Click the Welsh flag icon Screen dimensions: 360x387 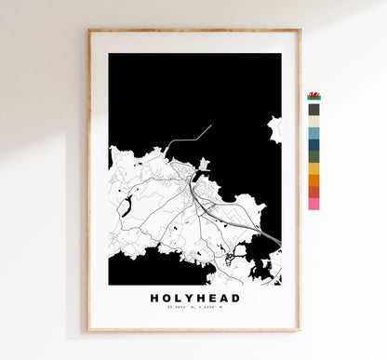point(314,96)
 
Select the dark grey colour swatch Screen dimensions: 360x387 point(314,109)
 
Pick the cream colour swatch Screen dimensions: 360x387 point(314,121)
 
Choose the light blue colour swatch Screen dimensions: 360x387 point(314,133)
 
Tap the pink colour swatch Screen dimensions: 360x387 point(314,203)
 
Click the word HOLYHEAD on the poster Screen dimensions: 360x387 point(194,298)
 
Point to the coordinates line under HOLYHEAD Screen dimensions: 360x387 point(194,309)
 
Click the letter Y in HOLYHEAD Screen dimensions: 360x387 point(184,298)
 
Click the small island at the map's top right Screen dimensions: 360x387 point(274,128)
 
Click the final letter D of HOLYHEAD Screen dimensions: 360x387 point(236,298)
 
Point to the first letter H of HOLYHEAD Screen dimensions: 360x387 point(153,298)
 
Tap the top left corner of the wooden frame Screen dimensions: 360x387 point(89,31)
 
